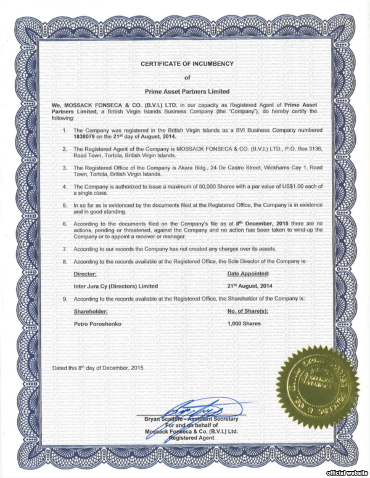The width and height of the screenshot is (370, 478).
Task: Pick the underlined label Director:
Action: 85,273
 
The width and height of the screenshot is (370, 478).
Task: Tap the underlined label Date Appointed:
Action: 249,273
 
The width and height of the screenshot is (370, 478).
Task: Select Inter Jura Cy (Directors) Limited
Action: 115,286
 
